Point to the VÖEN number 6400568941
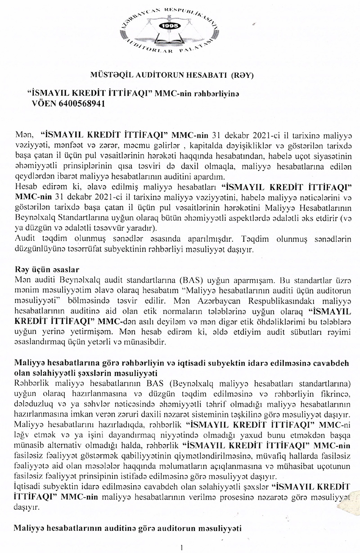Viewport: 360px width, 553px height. click(77, 103)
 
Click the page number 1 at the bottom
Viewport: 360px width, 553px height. click(181, 547)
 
